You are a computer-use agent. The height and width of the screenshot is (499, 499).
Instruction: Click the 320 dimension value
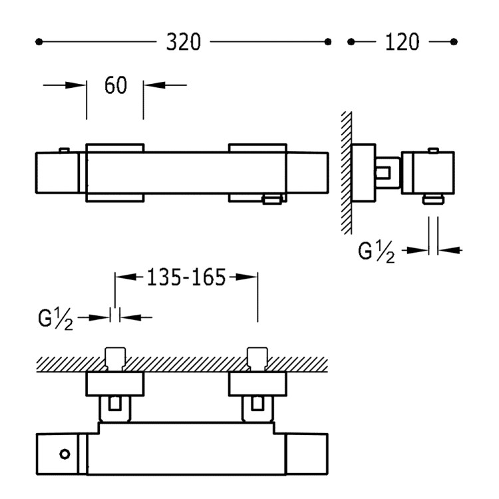(184, 42)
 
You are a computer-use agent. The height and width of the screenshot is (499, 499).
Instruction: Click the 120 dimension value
(402, 42)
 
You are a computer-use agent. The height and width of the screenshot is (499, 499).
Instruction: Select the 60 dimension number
(116, 85)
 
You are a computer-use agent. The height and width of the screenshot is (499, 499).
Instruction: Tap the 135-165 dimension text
(186, 277)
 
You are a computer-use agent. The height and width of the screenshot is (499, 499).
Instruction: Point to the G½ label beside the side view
(376, 251)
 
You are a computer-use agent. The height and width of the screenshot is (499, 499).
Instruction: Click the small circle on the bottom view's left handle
(65, 454)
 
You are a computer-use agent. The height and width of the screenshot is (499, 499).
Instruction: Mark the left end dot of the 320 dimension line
(39, 42)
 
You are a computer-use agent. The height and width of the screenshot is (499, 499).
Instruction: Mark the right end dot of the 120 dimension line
(454, 42)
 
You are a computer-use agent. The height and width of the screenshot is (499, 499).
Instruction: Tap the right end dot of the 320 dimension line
(328, 42)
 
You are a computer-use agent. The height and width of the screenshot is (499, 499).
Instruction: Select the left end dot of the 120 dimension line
(351, 42)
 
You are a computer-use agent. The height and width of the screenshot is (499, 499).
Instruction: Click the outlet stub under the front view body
(271, 200)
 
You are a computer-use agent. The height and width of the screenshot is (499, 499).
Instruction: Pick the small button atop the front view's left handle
(65, 150)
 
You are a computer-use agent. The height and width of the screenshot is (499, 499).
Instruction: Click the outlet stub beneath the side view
(433, 200)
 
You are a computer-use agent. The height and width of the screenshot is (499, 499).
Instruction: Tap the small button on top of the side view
(433, 150)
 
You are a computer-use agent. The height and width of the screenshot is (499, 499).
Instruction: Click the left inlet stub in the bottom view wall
(115, 359)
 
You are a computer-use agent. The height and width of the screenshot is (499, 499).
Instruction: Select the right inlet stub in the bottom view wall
(257, 359)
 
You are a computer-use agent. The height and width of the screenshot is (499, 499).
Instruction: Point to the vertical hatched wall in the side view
(347, 173)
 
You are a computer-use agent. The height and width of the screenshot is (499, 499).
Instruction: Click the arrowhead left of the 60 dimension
(75, 85)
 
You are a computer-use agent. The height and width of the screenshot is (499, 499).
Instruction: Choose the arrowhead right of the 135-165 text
(246, 277)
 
